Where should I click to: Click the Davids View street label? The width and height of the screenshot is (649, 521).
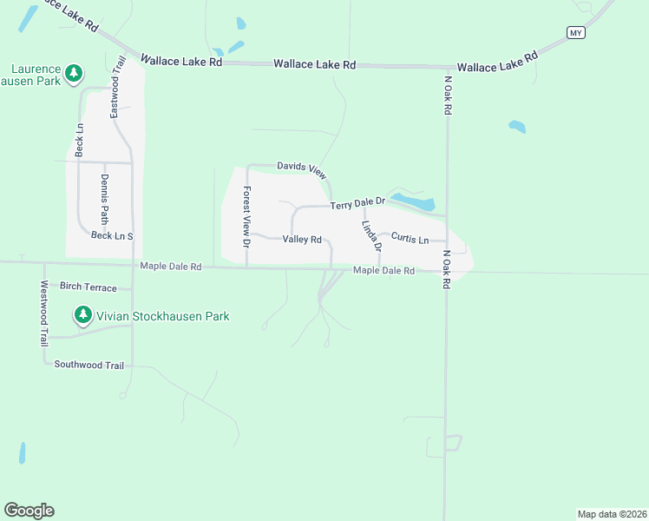coord(302,168)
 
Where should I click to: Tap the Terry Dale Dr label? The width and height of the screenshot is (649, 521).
coord(357,204)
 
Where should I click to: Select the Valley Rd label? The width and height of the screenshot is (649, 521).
coord(302,240)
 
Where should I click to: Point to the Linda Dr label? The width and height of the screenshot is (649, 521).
coord(371,235)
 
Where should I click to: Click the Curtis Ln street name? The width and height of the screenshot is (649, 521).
coord(410,238)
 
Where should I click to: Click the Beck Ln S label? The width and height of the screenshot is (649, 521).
coord(112,235)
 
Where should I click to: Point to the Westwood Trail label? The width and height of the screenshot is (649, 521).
coord(43,313)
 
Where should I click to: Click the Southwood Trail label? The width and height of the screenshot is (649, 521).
coord(89,365)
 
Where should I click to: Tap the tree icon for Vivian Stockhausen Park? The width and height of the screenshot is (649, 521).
coord(83,314)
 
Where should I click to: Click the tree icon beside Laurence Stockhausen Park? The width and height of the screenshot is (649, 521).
coord(75,71)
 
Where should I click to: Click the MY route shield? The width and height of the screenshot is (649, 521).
coord(576,32)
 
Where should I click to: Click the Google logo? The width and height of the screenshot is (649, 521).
coord(29,511)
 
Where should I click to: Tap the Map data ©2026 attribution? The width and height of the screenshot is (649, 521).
coord(611,513)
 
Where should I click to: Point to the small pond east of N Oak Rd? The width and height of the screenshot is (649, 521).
coord(517,127)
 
